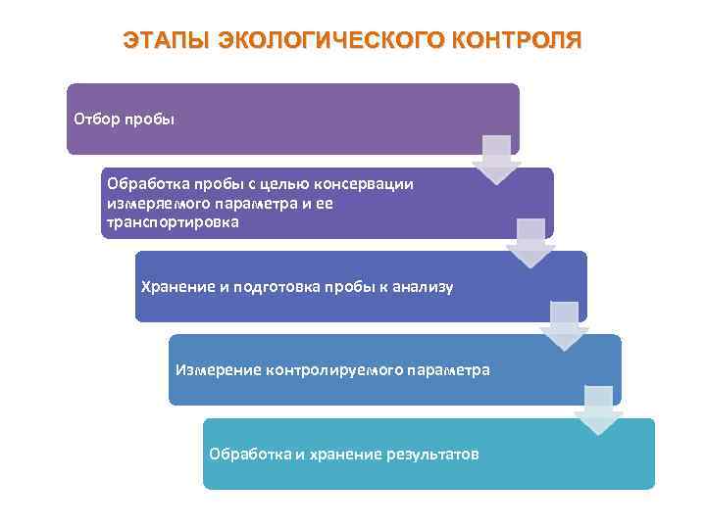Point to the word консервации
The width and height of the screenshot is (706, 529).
point(373,183)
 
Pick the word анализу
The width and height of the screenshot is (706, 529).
point(423,286)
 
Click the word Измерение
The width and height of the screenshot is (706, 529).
point(214,370)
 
